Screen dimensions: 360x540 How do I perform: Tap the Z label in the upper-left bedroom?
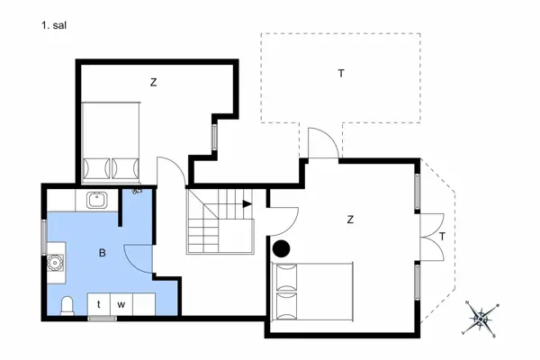tap(154, 83)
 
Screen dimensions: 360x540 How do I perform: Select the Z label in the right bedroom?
tap(350, 219)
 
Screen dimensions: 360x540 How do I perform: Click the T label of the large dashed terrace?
tap(341, 73)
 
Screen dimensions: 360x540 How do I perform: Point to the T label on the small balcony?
tap(443, 237)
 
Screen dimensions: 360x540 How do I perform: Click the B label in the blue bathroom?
tap(103, 254)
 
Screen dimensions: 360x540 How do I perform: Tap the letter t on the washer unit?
tap(99, 305)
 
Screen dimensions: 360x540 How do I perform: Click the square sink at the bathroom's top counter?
tap(96, 200)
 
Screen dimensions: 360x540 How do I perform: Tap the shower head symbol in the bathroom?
tap(136, 191)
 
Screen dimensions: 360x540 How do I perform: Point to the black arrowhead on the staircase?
tap(247, 203)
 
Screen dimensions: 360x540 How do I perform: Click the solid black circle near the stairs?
tap(281, 249)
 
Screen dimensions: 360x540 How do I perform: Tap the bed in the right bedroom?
tap(311, 293)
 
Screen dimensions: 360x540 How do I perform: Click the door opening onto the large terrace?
tap(321, 144)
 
